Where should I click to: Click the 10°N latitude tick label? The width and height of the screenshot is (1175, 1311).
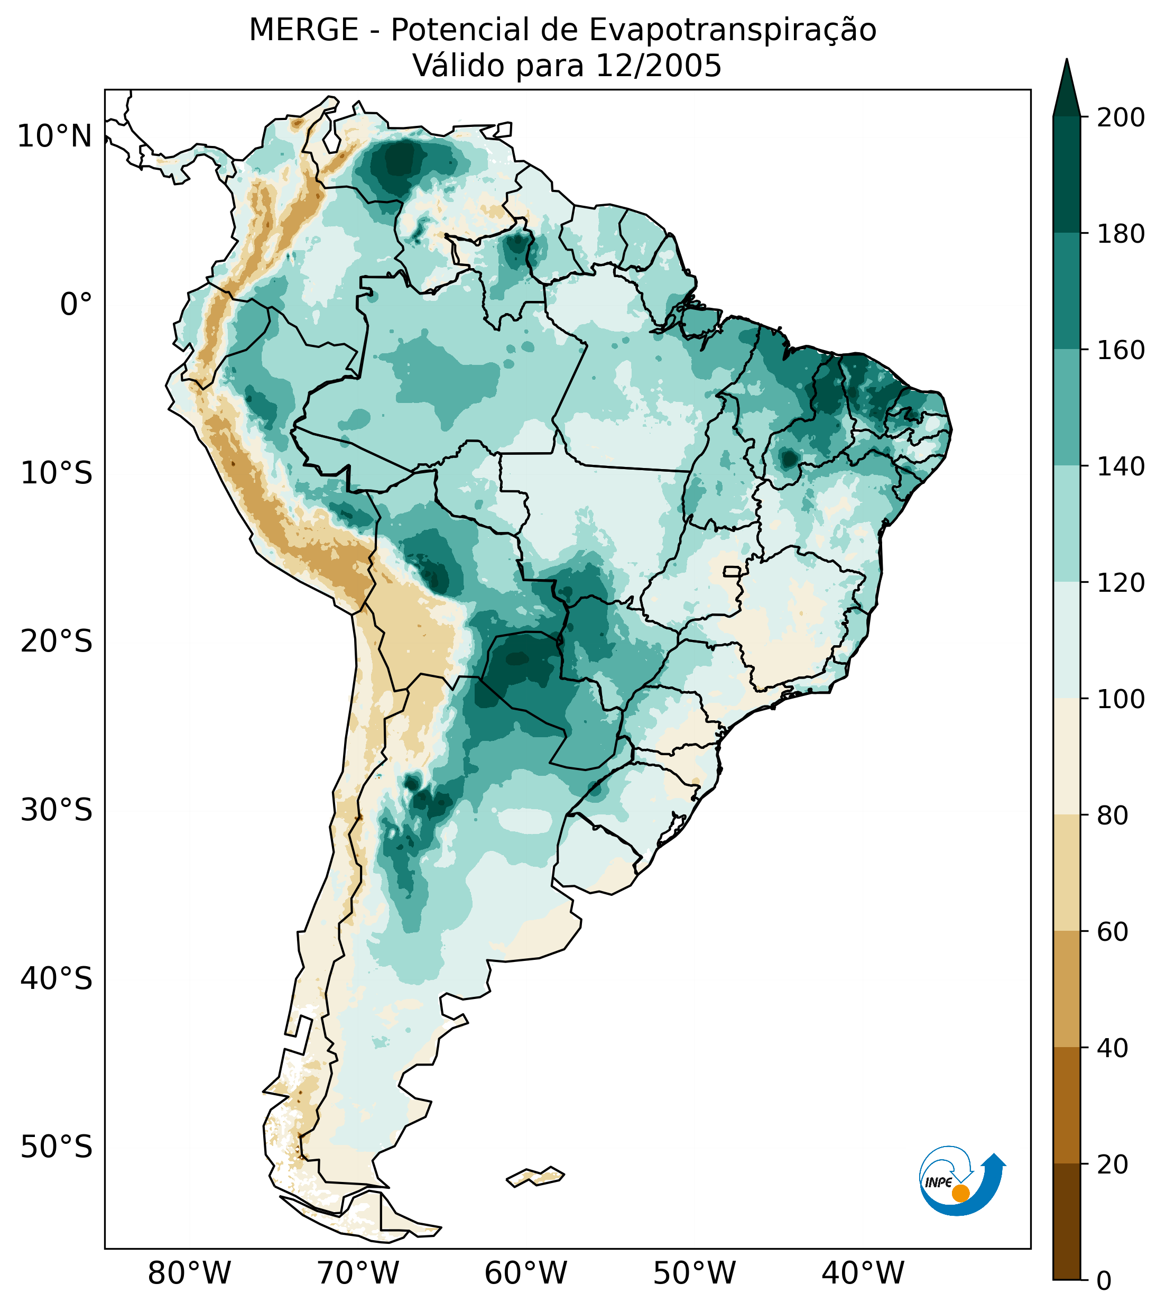(54, 136)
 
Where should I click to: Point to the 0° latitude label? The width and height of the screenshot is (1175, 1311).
(76, 305)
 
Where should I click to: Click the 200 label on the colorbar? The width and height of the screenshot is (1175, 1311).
(1121, 118)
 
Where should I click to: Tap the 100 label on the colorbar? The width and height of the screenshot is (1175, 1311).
(1121, 699)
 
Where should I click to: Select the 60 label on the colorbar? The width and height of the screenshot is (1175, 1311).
(1113, 932)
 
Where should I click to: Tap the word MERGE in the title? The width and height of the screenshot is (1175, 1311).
(303, 30)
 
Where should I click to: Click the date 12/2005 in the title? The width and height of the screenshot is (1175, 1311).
(658, 66)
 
